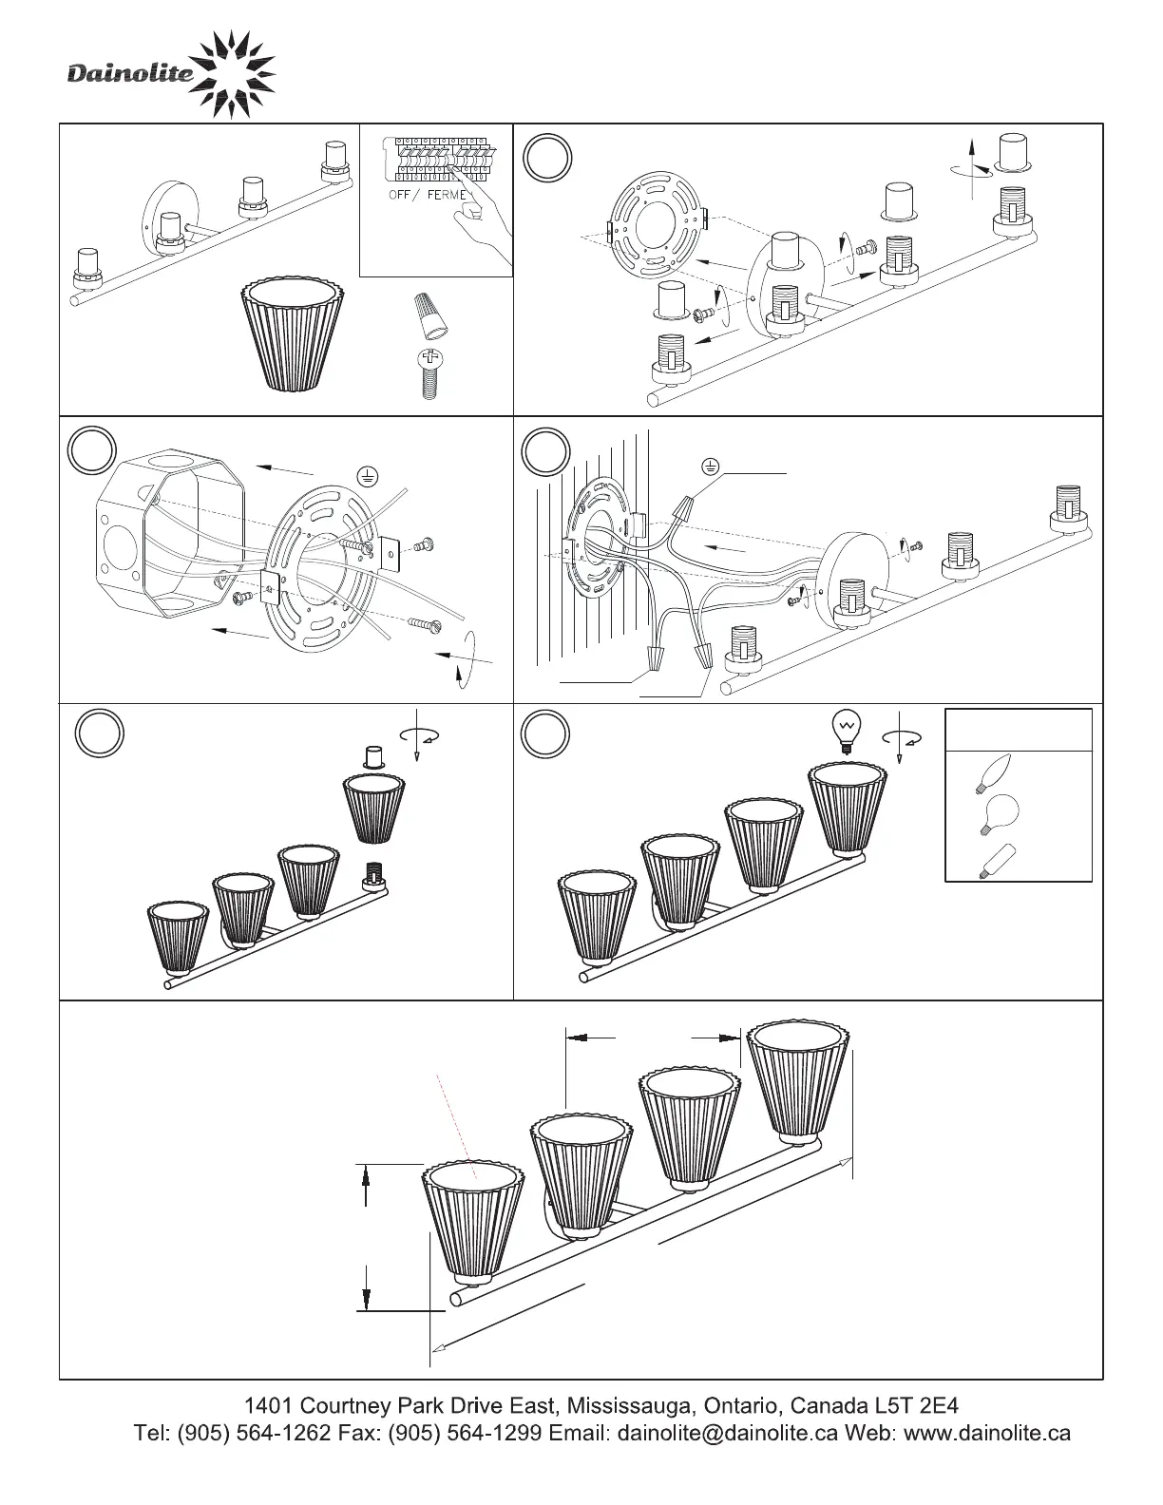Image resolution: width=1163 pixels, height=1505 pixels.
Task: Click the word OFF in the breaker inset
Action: (x=399, y=195)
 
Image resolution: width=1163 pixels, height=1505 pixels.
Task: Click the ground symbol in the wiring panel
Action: (x=709, y=466)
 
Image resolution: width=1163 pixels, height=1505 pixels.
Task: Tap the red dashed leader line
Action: (x=455, y=1117)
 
